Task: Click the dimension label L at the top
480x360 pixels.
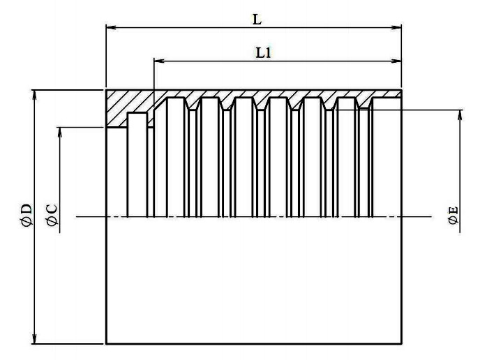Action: (x=257, y=20)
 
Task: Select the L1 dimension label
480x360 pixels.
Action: (x=264, y=53)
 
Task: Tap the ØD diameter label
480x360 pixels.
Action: (x=27, y=214)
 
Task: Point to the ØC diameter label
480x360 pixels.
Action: (x=52, y=215)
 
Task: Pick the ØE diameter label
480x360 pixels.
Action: (x=453, y=215)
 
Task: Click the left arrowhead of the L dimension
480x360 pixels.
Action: (x=110, y=27)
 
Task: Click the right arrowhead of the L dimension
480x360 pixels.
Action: (x=397, y=27)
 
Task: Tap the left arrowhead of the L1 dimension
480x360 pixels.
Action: (x=159, y=61)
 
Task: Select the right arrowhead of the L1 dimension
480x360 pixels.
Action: (x=397, y=61)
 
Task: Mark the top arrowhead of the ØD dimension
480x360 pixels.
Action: (x=35, y=95)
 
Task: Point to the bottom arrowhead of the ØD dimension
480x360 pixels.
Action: (x=35, y=339)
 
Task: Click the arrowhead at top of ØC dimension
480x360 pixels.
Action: (x=60, y=132)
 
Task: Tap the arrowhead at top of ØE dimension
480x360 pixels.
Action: (x=460, y=115)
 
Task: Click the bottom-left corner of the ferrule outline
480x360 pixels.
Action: (x=106, y=343)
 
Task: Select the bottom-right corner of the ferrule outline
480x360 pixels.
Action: (x=401, y=343)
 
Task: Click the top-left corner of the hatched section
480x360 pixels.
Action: (x=106, y=90)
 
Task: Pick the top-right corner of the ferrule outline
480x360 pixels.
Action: (x=401, y=90)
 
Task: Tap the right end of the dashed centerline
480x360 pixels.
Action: (x=433, y=217)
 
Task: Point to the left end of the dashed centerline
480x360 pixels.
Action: (x=77, y=217)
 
